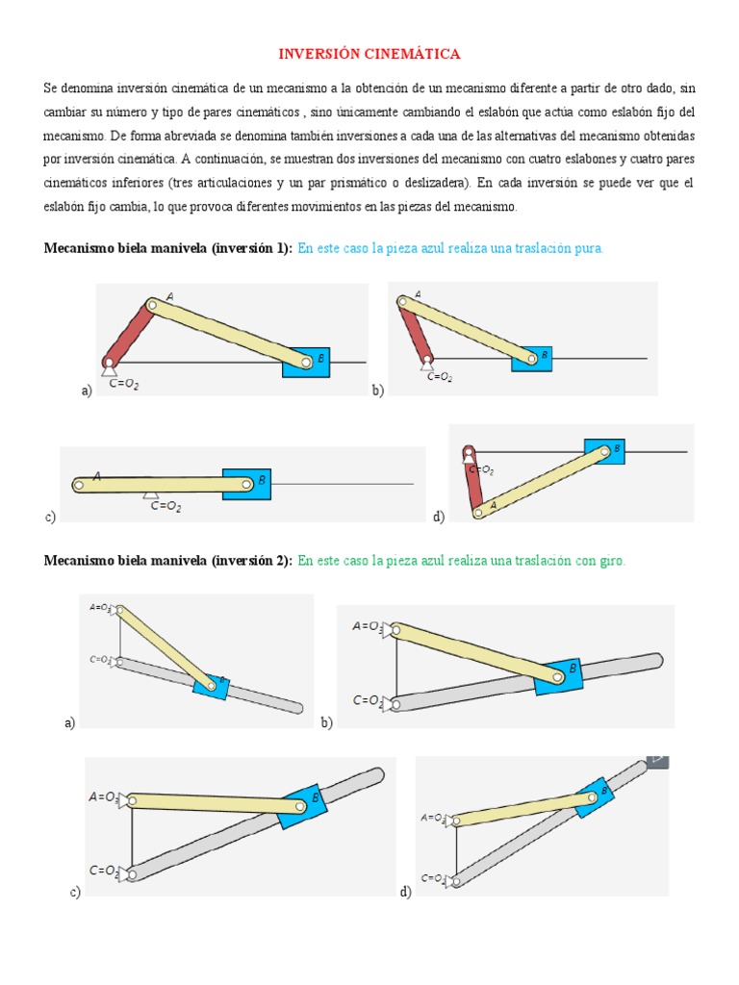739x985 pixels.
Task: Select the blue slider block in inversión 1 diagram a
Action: pos(306,362)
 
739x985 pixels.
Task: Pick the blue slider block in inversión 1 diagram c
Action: pos(246,483)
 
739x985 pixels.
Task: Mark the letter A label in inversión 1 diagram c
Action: pos(97,475)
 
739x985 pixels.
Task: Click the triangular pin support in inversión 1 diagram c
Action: pos(149,494)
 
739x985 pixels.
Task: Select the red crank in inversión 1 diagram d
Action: pos(472,481)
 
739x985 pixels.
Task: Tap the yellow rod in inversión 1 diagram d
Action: pos(544,478)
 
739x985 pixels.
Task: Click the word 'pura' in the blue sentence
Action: pos(587,248)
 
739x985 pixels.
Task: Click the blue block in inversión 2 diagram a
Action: pos(206,684)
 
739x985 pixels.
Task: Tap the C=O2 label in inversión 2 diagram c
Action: pos(104,871)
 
